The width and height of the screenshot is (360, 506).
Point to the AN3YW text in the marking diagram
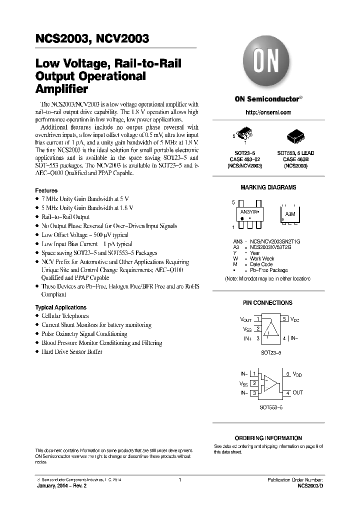pos(251,212)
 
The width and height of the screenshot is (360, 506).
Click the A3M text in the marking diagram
pos(290,213)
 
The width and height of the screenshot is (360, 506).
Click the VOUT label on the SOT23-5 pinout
pos(245,318)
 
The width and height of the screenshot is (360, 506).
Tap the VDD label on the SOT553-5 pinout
pos(297,374)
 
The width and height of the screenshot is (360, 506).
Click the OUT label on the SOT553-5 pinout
pos(297,392)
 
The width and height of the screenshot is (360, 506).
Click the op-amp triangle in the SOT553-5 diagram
pos(270,383)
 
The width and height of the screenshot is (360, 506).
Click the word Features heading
pos(46,190)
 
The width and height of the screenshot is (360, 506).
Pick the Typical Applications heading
pos(60,307)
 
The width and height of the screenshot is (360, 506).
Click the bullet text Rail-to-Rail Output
pos(65,217)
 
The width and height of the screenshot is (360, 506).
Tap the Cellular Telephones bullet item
pos(65,316)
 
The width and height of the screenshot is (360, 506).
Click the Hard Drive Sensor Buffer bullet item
pos(72,352)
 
